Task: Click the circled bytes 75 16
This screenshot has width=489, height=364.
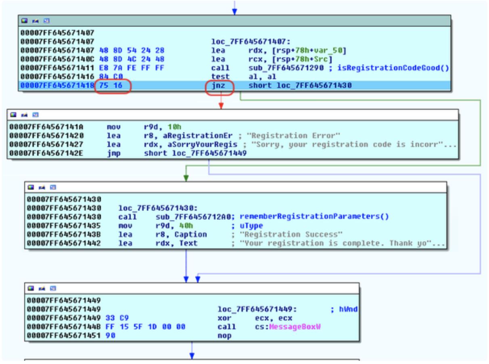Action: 113,86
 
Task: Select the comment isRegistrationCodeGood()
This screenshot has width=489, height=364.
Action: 411,68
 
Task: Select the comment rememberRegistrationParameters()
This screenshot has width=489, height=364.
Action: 314,217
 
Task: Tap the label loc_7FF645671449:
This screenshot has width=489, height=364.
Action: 257,310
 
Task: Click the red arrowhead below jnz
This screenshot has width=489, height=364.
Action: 221,106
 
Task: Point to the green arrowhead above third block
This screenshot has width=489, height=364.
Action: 186,178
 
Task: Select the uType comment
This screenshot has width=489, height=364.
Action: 251,226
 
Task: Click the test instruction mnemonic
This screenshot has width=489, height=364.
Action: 220,77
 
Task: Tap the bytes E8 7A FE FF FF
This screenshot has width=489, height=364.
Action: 132,68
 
